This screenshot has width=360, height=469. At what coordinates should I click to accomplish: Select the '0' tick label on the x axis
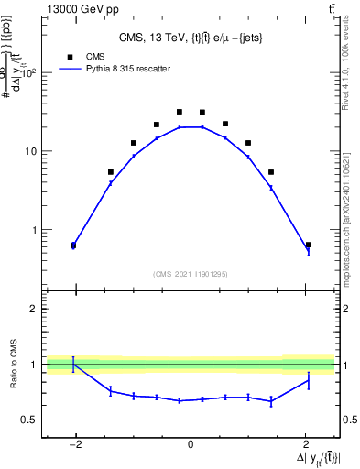[x=191, y=445]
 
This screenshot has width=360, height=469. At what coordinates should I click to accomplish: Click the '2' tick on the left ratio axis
[x=34, y=309]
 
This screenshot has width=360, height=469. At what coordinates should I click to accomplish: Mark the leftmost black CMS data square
[x=73, y=245]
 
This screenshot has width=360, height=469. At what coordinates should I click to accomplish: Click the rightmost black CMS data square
[x=308, y=245]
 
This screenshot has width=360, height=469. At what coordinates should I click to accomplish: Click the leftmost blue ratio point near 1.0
[x=73, y=365]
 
